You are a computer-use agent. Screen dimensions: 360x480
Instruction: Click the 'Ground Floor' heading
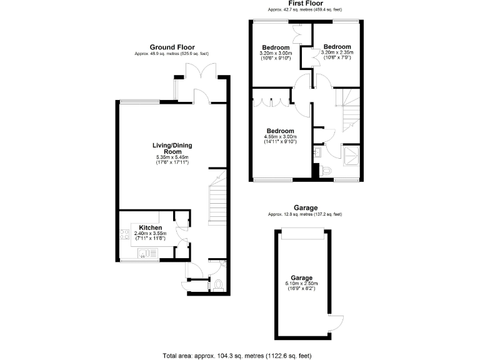point(172,47)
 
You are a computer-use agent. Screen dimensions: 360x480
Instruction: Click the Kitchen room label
point(151,227)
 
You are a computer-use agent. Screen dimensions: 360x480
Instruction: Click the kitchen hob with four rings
point(123,236)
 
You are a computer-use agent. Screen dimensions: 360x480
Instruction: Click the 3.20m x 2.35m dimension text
point(337,52)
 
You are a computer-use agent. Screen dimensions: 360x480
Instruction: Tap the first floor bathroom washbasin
point(317,152)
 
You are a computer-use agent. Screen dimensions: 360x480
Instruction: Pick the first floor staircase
point(348,110)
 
